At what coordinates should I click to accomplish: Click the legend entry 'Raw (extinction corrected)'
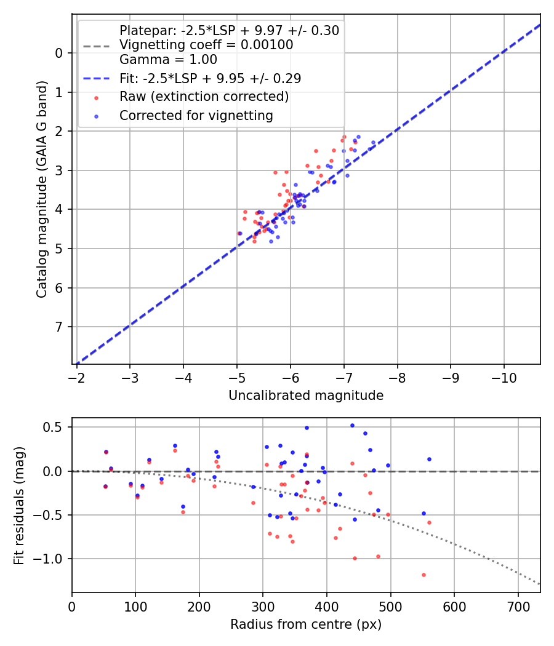pyautogui.click(x=204, y=97)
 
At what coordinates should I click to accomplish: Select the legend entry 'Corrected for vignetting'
pyautogui.click(x=196, y=115)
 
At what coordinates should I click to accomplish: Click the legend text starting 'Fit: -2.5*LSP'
pyautogui.click(x=210, y=79)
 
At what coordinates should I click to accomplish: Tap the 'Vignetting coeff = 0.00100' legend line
pyautogui.click(x=206, y=45)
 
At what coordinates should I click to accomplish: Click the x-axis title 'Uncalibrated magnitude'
pyautogui.click(x=306, y=396)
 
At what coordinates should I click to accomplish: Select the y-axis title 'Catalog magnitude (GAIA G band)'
pyautogui.click(x=42, y=191)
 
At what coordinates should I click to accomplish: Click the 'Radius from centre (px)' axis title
pyautogui.click(x=306, y=624)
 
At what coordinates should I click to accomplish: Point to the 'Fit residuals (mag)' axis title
pyautogui.click(x=19, y=504)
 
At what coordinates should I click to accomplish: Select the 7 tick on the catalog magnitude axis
pyautogui.click(x=59, y=327)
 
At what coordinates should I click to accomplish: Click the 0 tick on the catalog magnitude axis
pyautogui.click(x=59, y=53)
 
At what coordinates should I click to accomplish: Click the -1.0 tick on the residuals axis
pyautogui.click(x=51, y=559)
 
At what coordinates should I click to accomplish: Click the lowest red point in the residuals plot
pyautogui.click(x=424, y=575)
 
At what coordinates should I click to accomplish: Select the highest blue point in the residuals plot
pyautogui.click(x=352, y=425)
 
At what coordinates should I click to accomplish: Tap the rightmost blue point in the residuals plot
pyautogui.click(x=429, y=459)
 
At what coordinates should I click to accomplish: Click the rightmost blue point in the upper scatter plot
pyautogui.click(x=373, y=143)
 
